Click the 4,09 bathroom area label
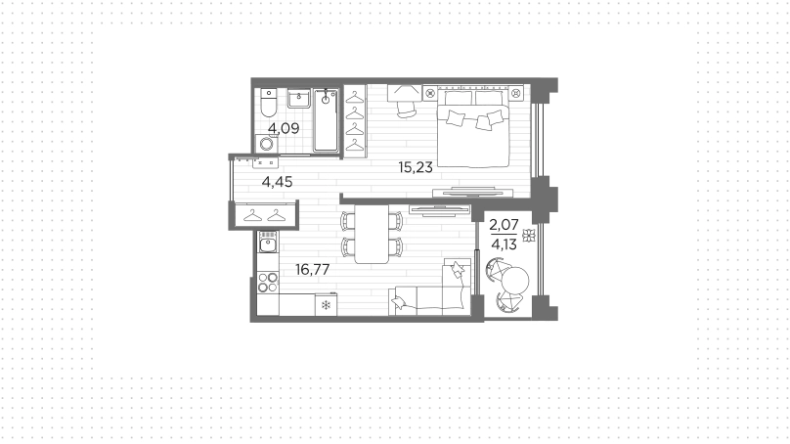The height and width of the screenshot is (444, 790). point(284,128)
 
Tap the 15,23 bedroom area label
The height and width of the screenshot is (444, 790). point(416,167)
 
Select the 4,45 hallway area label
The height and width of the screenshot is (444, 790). point(277,182)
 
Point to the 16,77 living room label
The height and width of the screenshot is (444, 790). point(312,270)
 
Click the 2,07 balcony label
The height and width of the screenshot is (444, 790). point(504,225)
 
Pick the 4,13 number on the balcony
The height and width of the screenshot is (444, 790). point(504,244)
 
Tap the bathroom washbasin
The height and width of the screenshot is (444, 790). point(299,98)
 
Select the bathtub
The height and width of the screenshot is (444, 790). point(326,120)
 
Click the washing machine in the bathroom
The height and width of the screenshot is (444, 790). point(266,144)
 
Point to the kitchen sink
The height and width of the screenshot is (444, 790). point(268,242)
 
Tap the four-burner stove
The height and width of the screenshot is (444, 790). point(268,283)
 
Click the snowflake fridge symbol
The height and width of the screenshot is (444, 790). point(326,305)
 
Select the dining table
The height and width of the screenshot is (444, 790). point(372,234)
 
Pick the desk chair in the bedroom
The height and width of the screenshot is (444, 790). point(407,108)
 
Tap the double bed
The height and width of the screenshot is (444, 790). point(473,128)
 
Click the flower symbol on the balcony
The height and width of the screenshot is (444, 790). point(529,236)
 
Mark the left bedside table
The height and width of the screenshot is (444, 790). point(430,93)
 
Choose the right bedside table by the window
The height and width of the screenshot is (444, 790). point(516,93)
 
